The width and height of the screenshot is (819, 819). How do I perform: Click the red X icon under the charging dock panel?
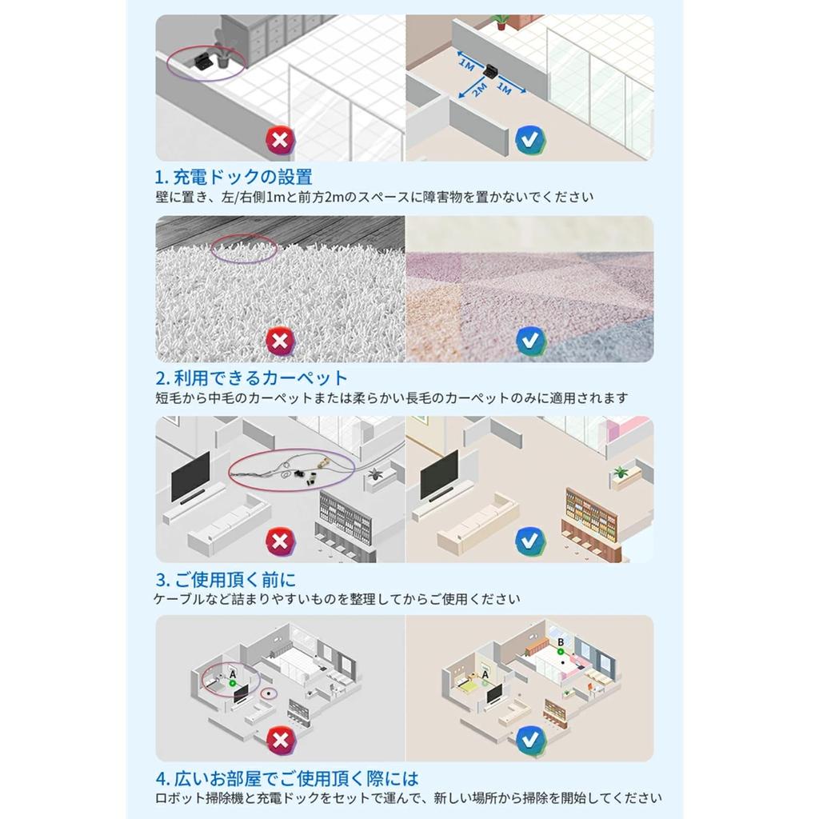click(x=281, y=140)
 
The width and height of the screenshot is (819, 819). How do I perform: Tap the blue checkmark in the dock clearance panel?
click(x=531, y=140)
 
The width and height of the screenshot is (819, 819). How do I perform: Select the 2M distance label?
click(x=479, y=90)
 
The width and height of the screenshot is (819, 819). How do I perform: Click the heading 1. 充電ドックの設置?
click(x=234, y=177)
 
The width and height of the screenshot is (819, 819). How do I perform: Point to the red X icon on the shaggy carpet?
click(x=281, y=341)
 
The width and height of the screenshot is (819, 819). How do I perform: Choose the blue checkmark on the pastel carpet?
click(x=531, y=341)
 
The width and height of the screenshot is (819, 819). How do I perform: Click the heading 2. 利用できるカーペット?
click(x=251, y=378)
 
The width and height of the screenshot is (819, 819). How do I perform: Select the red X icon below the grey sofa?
click(x=281, y=541)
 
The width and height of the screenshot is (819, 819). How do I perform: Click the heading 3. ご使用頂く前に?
click(x=226, y=579)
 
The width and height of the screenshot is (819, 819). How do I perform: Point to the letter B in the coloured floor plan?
click(x=561, y=642)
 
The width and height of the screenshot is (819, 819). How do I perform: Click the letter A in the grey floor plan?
click(x=233, y=675)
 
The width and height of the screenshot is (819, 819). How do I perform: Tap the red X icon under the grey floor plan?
click(x=281, y=740)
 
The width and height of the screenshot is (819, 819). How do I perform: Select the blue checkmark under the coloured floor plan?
click(x=531, y=740)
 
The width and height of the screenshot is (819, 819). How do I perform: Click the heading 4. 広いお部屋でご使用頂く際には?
click(x=287, y=779)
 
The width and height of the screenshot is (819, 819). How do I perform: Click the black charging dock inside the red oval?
click(x=202, y=59)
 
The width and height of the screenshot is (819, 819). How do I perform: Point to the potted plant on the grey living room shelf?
click(x=374, y=475)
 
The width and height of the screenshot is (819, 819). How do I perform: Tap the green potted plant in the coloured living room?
click(x=621, y=472)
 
